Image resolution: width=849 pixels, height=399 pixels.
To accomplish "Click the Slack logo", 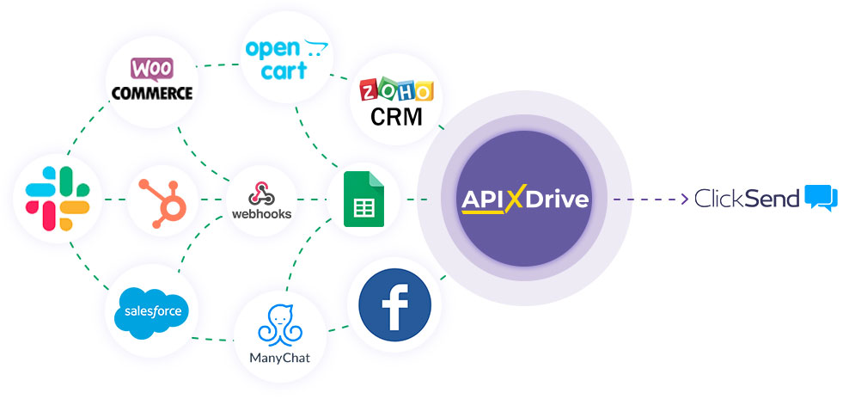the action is [x=58, y=199].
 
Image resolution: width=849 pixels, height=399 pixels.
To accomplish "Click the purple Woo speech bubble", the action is [x=151, y=70].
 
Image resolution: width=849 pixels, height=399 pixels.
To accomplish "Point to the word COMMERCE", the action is [x=152, y=93].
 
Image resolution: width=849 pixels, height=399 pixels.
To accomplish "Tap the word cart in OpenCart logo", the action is [x=284, y=71].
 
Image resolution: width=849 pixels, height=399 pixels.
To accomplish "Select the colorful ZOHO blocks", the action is [x=397, y=90].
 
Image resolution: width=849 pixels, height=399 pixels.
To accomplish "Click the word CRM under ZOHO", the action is [x=396, y=117].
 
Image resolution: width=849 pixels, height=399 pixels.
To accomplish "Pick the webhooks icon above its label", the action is [x=261, y=193].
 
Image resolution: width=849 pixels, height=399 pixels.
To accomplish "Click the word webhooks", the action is [x=261, y=214].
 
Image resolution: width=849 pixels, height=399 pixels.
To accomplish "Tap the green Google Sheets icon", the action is [x=363, y=199].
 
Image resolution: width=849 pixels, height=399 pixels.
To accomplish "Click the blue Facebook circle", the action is [x=394, y=304].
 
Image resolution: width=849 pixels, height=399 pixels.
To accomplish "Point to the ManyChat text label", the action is [x=280, y=358].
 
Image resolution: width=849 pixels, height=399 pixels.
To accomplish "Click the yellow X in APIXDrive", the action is [x=516, y=199].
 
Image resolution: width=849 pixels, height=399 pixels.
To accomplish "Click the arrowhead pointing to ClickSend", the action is [x=685, y=199].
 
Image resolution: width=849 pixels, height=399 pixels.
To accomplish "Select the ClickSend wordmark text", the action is [x=748, y=199].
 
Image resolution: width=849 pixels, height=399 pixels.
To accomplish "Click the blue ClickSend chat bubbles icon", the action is [x=822, y=198].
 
